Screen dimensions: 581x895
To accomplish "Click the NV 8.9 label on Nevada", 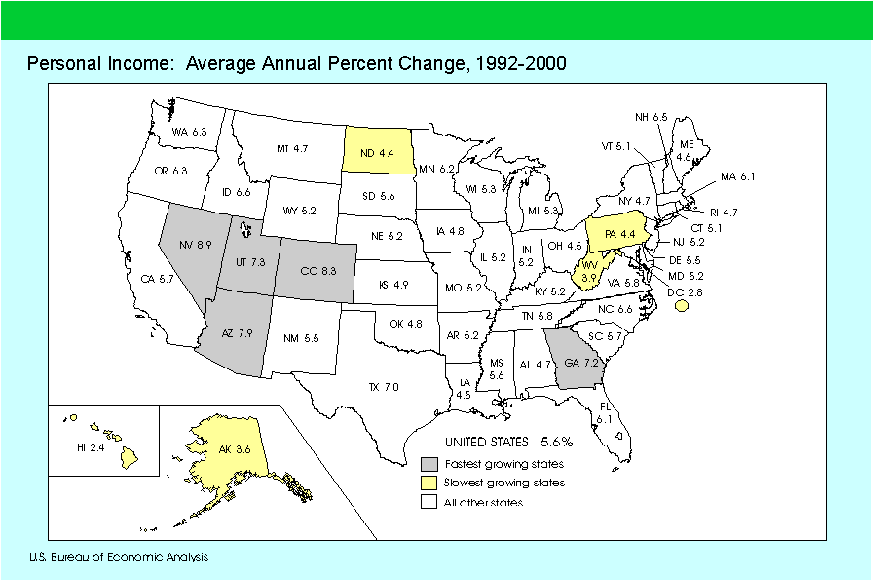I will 197,246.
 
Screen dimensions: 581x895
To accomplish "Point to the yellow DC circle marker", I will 681,306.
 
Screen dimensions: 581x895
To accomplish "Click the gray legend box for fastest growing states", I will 428,464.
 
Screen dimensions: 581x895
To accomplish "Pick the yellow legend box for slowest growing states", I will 428,483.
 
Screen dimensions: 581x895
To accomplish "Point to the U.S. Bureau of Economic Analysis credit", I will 118,557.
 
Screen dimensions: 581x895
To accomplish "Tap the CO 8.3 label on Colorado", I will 318,268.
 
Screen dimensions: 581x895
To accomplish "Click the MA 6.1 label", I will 737,176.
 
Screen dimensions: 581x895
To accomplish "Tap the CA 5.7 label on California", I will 156,279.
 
